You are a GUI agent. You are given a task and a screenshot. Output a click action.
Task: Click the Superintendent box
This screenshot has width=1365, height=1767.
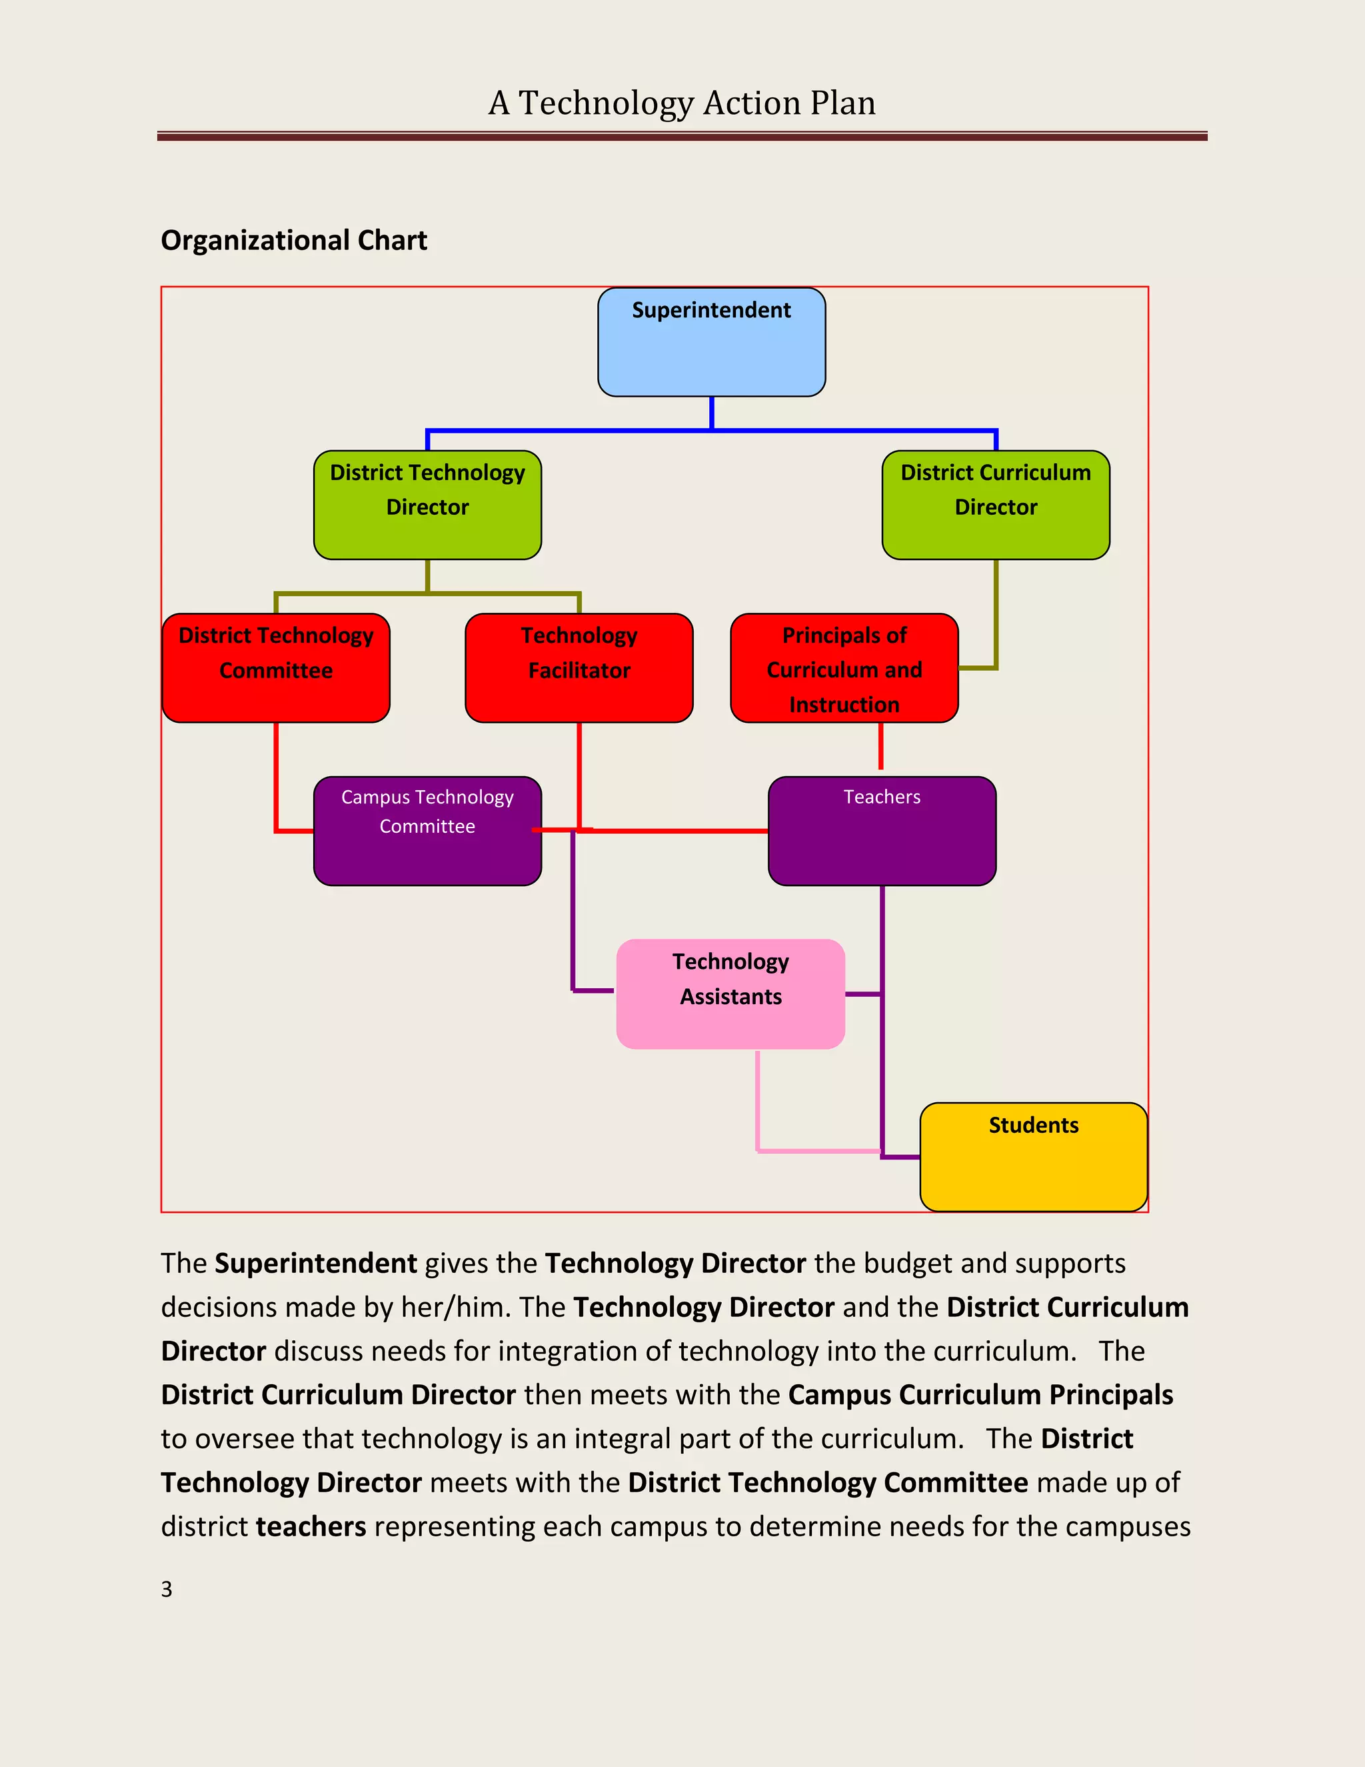pyautogui.click(x=712, y=342)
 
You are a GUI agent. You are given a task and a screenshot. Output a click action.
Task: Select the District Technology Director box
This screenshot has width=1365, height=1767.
pyautogui.click(x=427, y=505)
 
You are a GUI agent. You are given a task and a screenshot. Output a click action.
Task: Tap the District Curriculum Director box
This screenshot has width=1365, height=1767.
pyautogui.click(x=996, y=505)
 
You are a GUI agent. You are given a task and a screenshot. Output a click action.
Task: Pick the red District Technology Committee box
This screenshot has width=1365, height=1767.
pyautogui.click(x=276, y=667)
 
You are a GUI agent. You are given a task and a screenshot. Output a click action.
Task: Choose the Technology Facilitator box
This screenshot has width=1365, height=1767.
pyautogui.click(x=579, y=667)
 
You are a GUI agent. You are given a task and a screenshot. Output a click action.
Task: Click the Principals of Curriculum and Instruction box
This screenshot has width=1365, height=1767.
pyautogui.click(x=844, y=667)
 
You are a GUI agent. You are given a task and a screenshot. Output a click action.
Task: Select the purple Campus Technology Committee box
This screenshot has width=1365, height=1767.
pyautogui.click(x=427, y=831)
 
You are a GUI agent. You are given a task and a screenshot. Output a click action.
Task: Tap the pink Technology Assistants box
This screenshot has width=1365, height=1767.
pyautogui.click(x=730, y=994)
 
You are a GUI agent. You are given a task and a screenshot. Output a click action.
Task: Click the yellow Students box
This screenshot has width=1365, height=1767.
pyautogui.click(x=1034, y=1156)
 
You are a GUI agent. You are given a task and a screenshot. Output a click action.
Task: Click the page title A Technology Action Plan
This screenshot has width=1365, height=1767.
pyautogui.click(x=682, y=103)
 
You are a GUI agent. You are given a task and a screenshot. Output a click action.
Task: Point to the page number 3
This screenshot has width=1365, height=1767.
pyautogui.click(x=167, y=1589)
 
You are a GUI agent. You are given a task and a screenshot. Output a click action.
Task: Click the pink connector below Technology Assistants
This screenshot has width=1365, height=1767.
pyautogui.click(x=758, y=1100)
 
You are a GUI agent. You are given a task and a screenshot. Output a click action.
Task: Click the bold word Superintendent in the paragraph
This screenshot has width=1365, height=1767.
pyautogui.click(x=315, y=1263)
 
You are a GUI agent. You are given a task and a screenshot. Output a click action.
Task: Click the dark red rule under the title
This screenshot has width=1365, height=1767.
pyautogui.click(x=682, y=137)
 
